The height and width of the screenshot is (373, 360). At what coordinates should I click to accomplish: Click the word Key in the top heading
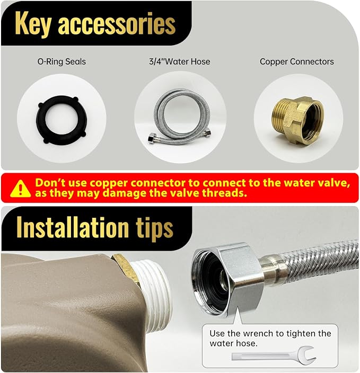[33, 24]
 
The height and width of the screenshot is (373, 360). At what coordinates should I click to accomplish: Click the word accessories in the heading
[117, 24]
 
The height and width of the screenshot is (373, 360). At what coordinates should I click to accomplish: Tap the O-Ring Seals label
[62, 61]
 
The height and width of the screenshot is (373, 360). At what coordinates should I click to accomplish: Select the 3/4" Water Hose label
[180, 61]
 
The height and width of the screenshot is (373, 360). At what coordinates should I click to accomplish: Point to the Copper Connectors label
[297, 61]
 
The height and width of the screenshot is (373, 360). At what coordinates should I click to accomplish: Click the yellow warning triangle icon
[21, 189]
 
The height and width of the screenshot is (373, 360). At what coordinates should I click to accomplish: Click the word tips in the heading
[154, 229]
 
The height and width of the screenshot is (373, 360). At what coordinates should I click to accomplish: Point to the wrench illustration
[274, 356]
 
